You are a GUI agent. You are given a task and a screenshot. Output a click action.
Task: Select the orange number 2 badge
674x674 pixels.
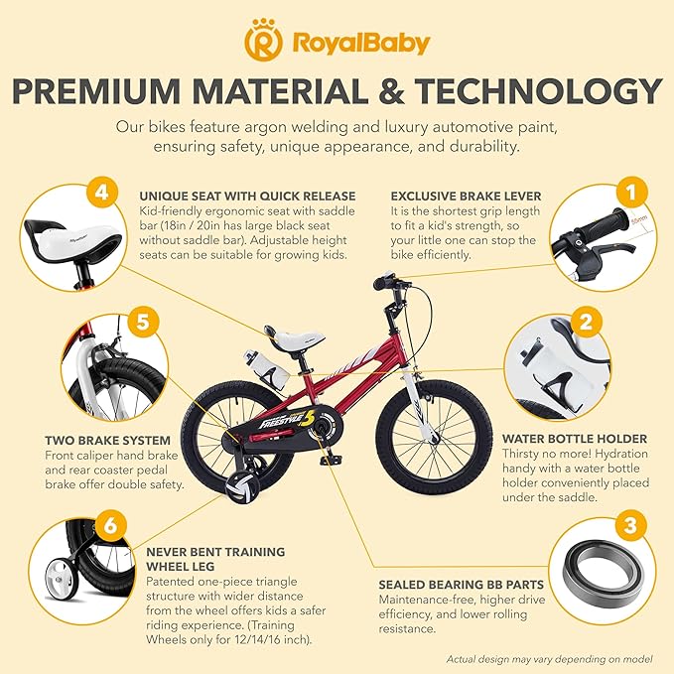tap(587, 321)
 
